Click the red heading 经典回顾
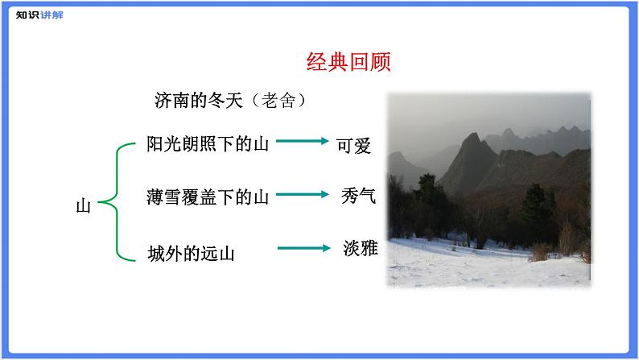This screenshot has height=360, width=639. (348, 63)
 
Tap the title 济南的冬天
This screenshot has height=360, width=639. (198, 101)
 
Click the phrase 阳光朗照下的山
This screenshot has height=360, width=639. (208, 144)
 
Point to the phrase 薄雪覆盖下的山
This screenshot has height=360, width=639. (208, 197)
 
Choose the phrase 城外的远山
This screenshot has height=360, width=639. (191, 254)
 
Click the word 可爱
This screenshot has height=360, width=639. (354, 145)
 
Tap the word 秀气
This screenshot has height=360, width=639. (358, 196)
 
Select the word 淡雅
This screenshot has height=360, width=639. (359, 249)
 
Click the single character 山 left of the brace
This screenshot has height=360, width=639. (83, 206)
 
